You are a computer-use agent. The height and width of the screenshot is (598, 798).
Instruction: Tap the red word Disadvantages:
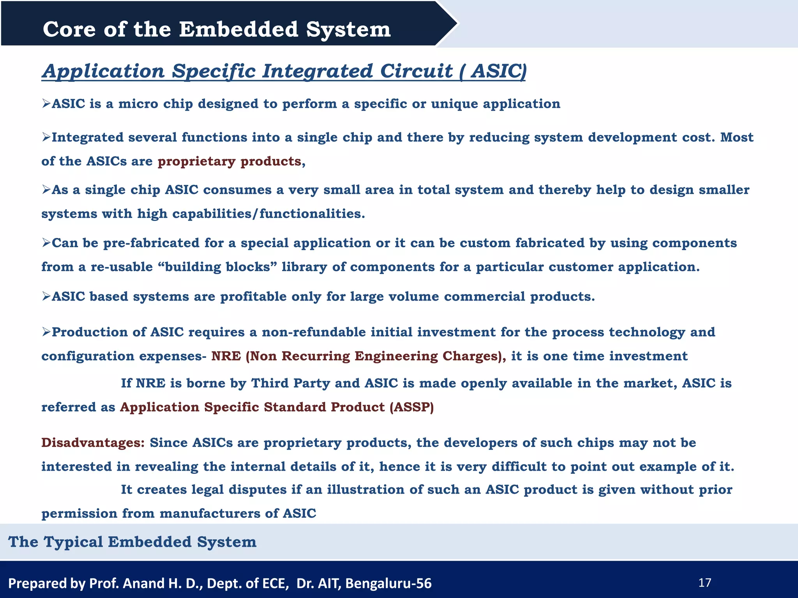93,443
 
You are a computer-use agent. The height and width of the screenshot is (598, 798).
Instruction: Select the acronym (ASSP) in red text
411,407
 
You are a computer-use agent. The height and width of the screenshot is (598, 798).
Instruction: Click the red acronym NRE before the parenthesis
226,356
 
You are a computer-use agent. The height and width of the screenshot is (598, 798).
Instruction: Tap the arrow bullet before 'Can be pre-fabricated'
46,243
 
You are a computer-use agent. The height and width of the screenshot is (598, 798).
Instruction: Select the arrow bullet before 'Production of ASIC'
46,332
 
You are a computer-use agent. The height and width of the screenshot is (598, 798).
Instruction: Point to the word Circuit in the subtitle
416,71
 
